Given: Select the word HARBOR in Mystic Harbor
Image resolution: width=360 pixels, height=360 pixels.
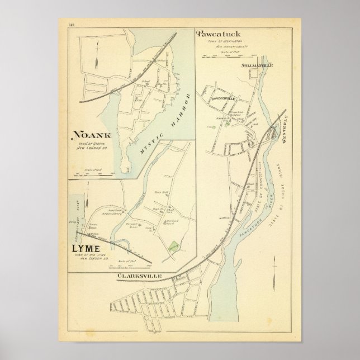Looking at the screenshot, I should point(179,108).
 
